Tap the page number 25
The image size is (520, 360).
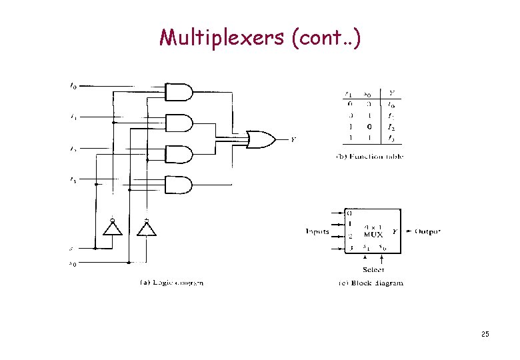[485, 333]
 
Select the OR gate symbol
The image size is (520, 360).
[260, 139]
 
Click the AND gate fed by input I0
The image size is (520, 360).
[179, 92]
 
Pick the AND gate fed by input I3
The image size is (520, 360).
[179, 185]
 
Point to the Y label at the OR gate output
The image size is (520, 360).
[293, 139]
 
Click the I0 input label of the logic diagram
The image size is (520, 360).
[73, 85]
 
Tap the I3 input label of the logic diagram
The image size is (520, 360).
[73, 179]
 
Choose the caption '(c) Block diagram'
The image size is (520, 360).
[370, 283]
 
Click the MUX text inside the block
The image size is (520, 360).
[373, 235]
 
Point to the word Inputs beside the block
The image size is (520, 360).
[317, 231]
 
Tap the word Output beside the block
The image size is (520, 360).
[427, 231]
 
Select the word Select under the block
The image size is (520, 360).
[373, 269]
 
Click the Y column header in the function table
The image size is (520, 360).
[391, 93]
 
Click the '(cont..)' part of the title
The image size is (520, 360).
[327, 39]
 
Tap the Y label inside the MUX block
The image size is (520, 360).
[395, 231]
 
